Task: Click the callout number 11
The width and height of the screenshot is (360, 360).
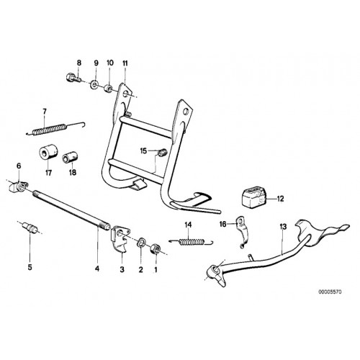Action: pyautogui.click(x=125, y=63)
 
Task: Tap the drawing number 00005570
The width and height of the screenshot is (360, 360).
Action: pyautogui.click(x=330, y=292)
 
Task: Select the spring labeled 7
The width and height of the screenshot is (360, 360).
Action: pyautogui.click(x=56, y=128)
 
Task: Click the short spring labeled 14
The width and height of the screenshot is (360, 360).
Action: pyautogui.click(x=192, y=242)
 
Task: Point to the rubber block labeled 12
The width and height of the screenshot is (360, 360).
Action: pyautogui.click(x=254, y=197)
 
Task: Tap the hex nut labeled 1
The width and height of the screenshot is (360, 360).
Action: pyautogui.click(x=155, y=249)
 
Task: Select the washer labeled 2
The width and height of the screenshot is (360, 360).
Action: pyautogui.click(x=141, y=242)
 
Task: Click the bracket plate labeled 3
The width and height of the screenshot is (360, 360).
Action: pyautogui.click(x=120, y=238)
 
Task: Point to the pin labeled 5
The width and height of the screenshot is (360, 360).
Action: pyautogui.click(x=30, y=228)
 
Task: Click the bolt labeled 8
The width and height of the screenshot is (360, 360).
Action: pyautogui.click(x=73, y=78)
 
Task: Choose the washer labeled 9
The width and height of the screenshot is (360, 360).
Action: pyautogui.click(x=94, y=84)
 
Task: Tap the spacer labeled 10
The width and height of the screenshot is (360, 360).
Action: pyautogui.click(x=108, y=89)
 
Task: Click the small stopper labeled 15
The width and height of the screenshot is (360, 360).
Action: pyautogui.click(x=162, y=152)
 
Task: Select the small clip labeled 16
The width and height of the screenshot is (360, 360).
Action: pyautogui.click(x=241, y=231)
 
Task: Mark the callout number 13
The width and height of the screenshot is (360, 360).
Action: pyautogui.click(x=283, y=227)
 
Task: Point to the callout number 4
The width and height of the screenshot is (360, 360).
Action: pyautogui.click(x=97, y=269)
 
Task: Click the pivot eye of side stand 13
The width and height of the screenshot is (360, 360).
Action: pyautogui.click(x=215, y=271)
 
